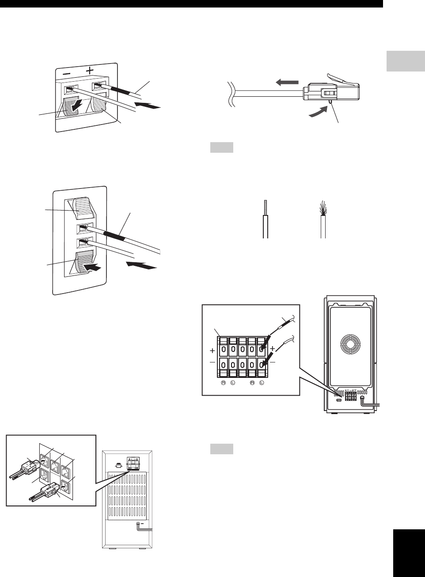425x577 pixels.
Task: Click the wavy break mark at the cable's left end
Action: (230, 95)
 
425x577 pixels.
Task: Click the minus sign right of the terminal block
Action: (272, 362)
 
